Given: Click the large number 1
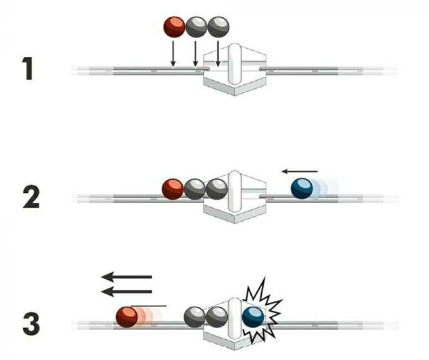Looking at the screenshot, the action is [28, 68].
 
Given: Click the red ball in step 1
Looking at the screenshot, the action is [174, 28].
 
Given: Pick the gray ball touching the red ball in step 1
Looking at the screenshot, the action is [196, 28].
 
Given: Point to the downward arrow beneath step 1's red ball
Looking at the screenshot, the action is [173, 54].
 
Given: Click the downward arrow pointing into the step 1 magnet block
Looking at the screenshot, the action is [218, 54].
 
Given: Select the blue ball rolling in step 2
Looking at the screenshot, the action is [302, 189].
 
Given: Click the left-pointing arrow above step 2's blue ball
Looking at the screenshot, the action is [300, 171].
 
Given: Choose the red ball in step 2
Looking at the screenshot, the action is [172, 189].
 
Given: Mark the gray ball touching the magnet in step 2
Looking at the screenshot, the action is [217, 189].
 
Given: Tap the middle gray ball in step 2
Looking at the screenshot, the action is [195, 189].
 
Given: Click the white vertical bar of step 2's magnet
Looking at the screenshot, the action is [235, 191].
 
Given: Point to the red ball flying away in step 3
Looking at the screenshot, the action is [127, 317].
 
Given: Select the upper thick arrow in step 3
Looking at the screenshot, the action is [126, 277].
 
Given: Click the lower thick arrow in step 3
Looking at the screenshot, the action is [126, 292].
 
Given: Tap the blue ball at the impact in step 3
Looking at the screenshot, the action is [253, 317].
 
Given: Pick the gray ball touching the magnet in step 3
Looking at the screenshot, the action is [217, 317].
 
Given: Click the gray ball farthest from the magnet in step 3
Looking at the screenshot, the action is [195, 317].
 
